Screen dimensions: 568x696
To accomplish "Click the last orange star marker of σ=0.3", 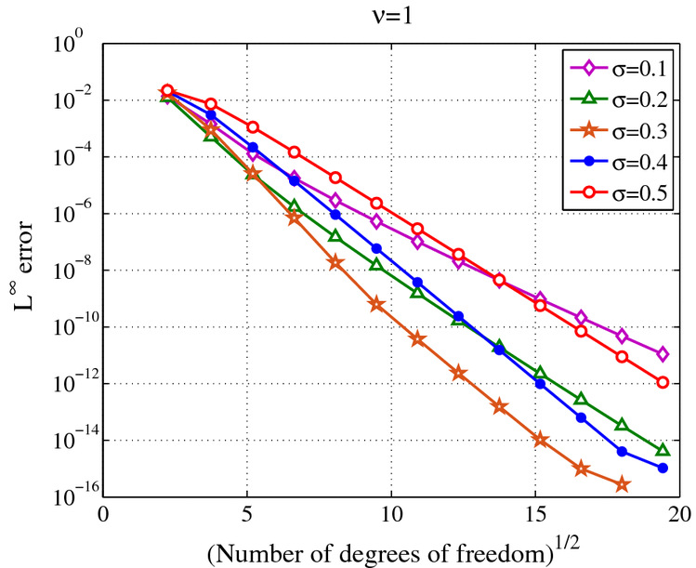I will [622, 484].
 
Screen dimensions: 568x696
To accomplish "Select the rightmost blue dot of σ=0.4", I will [663, 468].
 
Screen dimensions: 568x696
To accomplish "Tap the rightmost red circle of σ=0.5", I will [663, 382].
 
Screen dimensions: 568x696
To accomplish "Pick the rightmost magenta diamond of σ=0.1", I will [663, 353].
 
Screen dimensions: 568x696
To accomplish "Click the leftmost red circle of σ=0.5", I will [167, 91].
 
